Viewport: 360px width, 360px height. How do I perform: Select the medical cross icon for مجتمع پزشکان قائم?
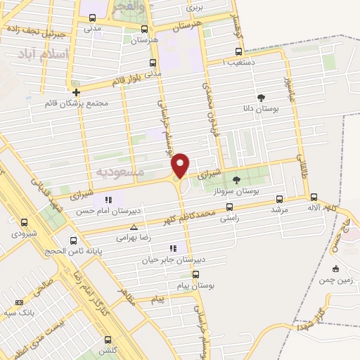click(77, 92)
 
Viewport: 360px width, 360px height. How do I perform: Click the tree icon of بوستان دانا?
click(262, 97)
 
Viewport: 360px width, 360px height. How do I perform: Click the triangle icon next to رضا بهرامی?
click(134, 227)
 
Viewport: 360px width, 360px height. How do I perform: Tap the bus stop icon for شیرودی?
click(25, 222)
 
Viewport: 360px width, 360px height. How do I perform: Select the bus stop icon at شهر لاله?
click(314, 198)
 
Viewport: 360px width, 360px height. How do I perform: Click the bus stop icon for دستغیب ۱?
click(239, 51)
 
